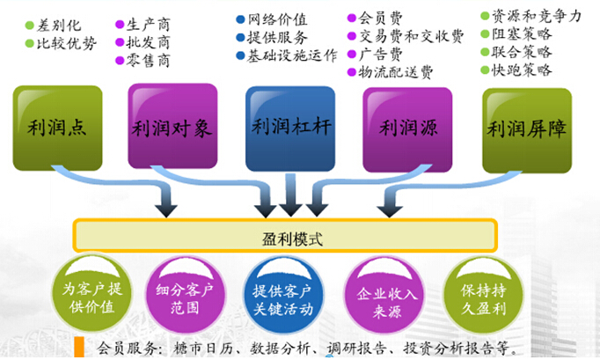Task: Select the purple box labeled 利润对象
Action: (172, 127)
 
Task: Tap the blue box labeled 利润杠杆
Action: (290, 128)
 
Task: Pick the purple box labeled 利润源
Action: (407, 127)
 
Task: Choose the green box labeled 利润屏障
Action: (527, 129)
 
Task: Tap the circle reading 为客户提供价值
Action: (86, 296)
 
